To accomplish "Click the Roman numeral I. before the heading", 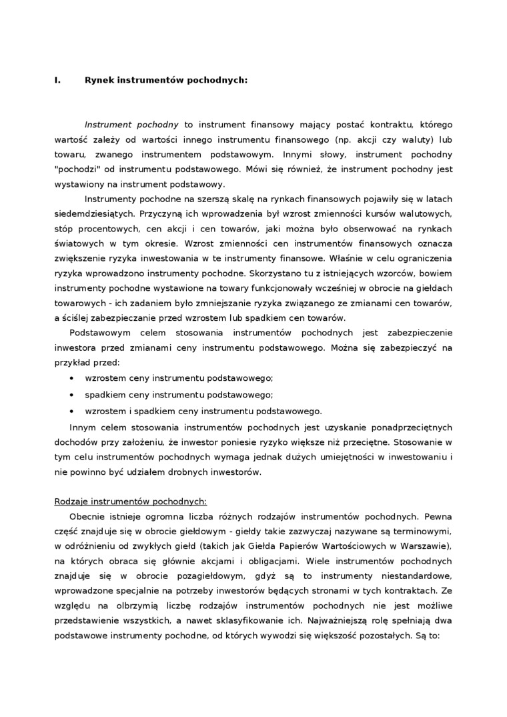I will tap(57, 80).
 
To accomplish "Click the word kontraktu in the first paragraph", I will tap(405, 124).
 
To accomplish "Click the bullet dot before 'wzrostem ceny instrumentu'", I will tap(72, 378).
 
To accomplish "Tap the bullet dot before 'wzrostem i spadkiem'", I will tap(72, 410).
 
